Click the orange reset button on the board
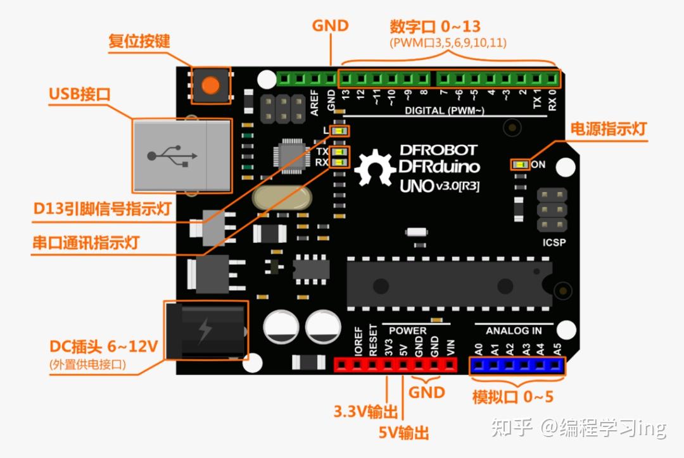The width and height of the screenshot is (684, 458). [211, 84]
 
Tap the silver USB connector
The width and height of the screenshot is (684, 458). [182, 155]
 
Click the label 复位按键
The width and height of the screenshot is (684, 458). [139, 42]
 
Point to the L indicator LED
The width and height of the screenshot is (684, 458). [340, 131]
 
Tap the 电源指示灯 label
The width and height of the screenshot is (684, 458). [608, 128]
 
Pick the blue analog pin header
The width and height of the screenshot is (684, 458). [517, 366]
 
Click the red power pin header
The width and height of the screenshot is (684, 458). [396, 366]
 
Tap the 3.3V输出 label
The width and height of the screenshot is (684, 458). [365, 412]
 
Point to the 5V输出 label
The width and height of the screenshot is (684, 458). [403, 433]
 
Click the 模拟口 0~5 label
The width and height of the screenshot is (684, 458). [512, 397]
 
